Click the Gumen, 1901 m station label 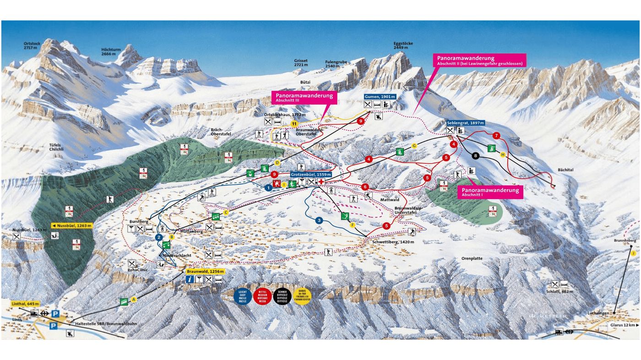point(380,97)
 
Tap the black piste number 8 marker point(476,156)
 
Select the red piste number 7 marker point(496,136)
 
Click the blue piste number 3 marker point(319,221)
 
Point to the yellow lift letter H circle point(503,154)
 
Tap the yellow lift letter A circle point(134,300)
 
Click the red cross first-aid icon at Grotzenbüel point(322,182)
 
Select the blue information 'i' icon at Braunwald point(190,279)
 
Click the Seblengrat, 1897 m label point(466,123)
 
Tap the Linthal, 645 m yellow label point(25,304)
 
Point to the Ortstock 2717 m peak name point(32,45)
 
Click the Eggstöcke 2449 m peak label point(403,45)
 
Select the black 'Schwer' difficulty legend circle point(282,296)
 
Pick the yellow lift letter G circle point(414,146)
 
